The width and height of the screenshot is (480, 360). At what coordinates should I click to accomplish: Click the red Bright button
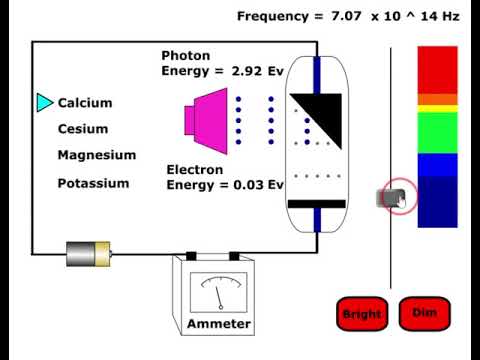click(361, 314)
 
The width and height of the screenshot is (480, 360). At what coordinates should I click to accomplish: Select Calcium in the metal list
click(85, 103)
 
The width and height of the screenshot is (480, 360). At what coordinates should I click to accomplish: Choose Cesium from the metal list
click(83, 129)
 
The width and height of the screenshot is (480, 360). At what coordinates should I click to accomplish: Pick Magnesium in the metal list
click(96, 155)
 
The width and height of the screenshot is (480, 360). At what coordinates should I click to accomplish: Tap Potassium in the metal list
click(93, 183)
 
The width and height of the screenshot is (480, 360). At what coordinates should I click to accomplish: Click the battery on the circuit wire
click(88, 253)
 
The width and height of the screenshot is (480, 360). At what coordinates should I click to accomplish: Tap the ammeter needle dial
click(218, 291)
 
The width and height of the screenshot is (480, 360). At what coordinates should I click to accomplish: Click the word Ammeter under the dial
click(219, 325)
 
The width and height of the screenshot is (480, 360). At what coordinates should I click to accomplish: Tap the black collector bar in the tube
click(316, 204)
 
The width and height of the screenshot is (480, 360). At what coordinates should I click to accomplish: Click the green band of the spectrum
click(437, 131)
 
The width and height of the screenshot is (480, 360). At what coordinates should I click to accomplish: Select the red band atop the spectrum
click(437, 69)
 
